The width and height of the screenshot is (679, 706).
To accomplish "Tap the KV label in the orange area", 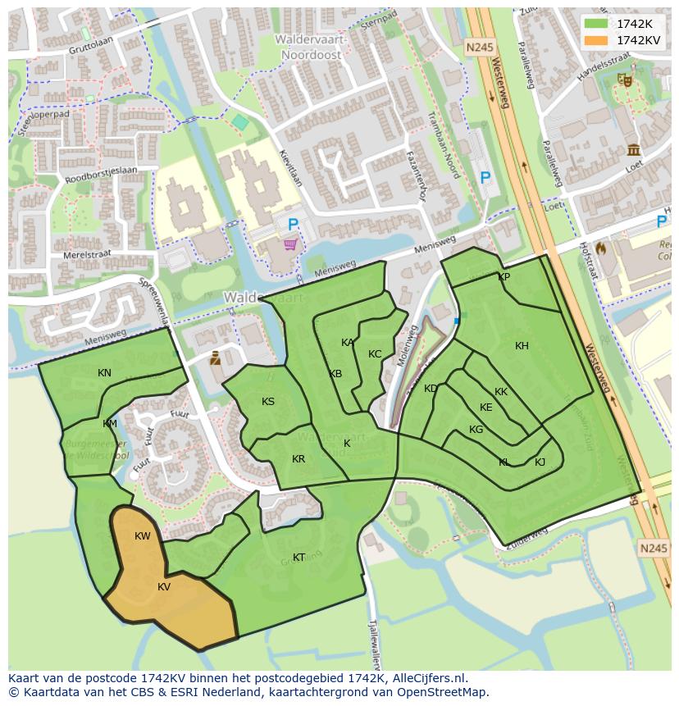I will [x=164, y=587].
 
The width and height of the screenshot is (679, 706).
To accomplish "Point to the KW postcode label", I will [x=143, y=536].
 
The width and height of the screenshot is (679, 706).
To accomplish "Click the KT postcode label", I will [x=299, y=558].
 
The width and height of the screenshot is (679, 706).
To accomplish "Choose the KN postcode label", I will [x=104, y=373].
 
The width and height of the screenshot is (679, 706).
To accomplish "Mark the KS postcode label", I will [x=268, y=402].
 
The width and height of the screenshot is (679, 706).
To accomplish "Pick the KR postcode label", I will [x=298, y=459].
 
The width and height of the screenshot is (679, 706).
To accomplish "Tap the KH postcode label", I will [x=522, y=346].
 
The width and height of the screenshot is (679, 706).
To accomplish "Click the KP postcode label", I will [x=504, y=277].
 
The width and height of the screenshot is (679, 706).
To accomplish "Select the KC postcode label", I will [x=375, y=354].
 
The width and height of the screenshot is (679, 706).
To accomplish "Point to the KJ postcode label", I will [x=540, y=462].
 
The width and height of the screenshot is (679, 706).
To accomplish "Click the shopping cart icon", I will [x=289, y=244].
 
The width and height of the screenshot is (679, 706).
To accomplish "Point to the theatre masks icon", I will [x=624, y=80].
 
